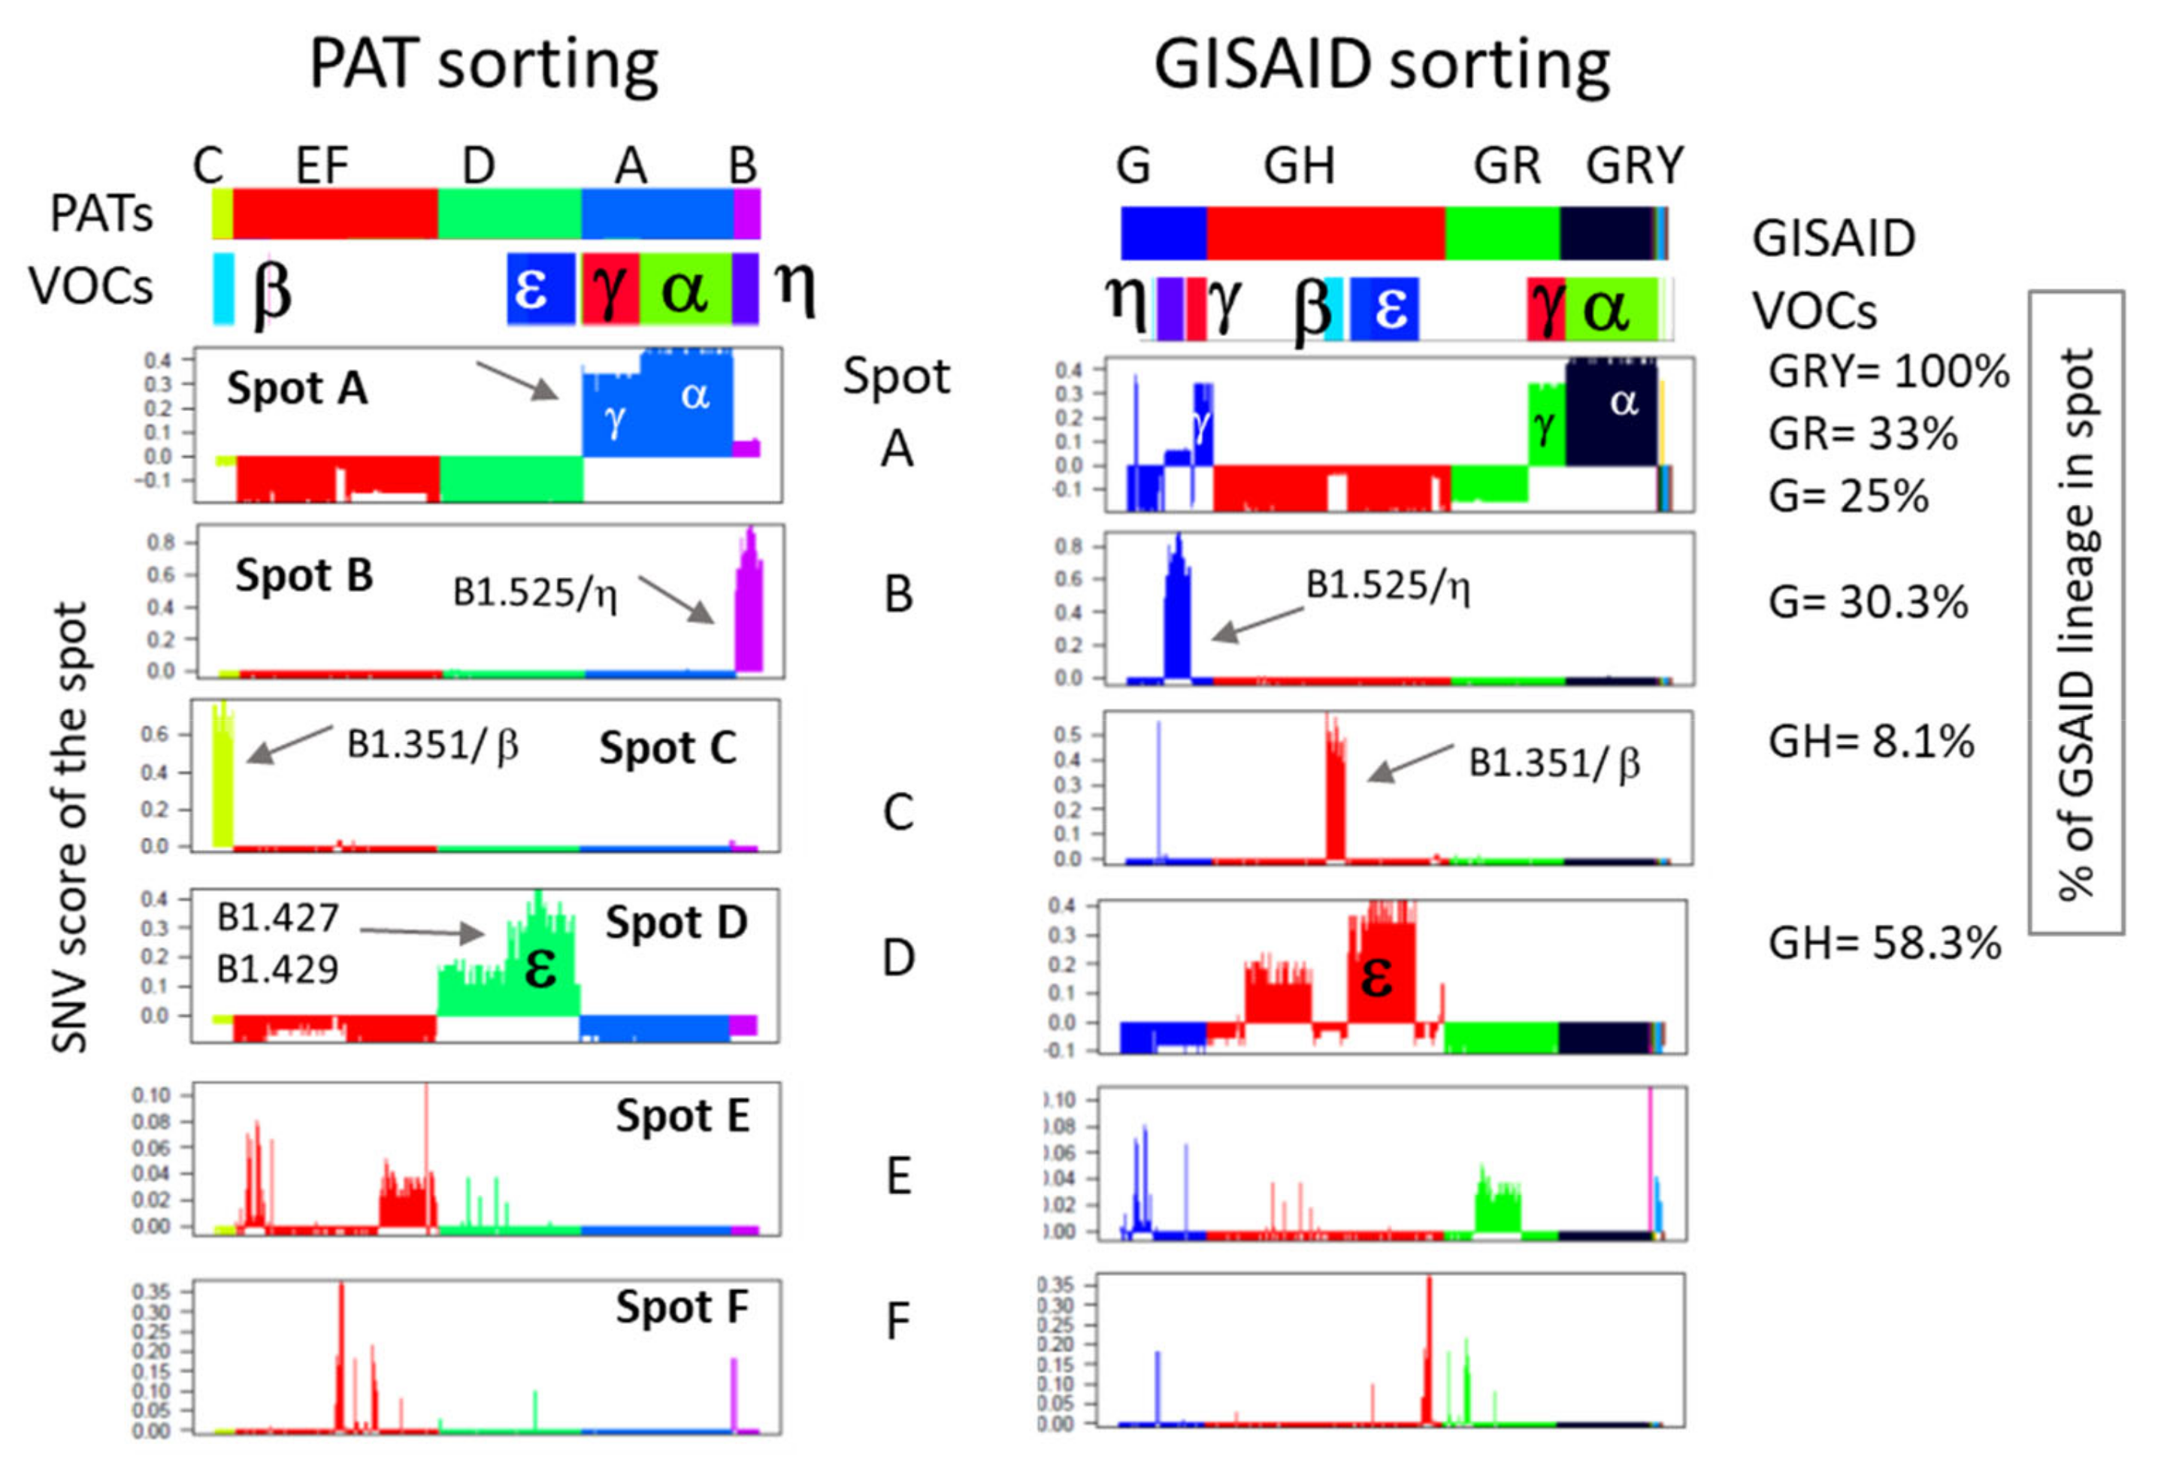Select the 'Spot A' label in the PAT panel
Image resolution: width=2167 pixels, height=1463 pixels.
pyautogui.click(x=296, y=388)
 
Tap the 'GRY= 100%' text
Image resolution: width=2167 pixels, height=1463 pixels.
pyautogui.click(x=1887, y=372)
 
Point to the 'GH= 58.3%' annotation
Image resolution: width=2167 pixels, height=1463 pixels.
pyautogui.click(x=1884, y=944)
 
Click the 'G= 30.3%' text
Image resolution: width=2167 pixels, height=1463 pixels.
pyautogui.click(x=1868, y=603)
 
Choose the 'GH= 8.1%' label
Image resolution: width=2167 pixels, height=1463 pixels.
pyautogui.click(x=1871, y=742)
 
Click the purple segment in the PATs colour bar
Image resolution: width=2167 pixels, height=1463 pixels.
pyautogui.click(x=746, y=213)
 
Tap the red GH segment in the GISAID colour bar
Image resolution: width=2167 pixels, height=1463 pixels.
pyautogui.click(x=1324, y=233)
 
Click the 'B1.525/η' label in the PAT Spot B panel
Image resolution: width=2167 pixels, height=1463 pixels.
pyautogui.click(x=535, y=593)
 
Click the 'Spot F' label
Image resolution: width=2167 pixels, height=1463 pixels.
pyautogui.click(x=682, y=1307)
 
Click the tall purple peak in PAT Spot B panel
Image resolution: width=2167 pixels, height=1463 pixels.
pyautogui.click(x=749, y=601)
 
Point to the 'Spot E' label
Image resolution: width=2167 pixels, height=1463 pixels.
pyautogui.click(x=682, y=1115)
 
